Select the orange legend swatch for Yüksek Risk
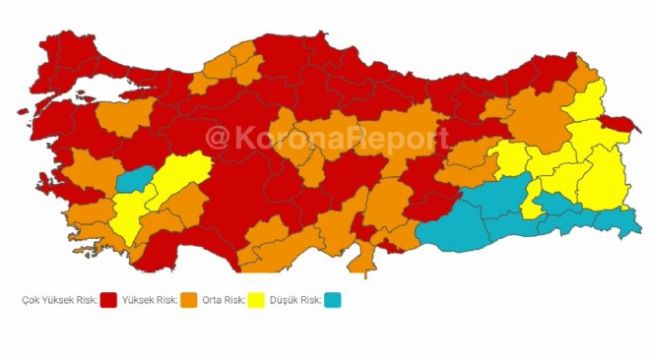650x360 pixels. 186,299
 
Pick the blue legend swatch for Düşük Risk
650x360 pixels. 332,299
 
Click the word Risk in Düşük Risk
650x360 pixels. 313,299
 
